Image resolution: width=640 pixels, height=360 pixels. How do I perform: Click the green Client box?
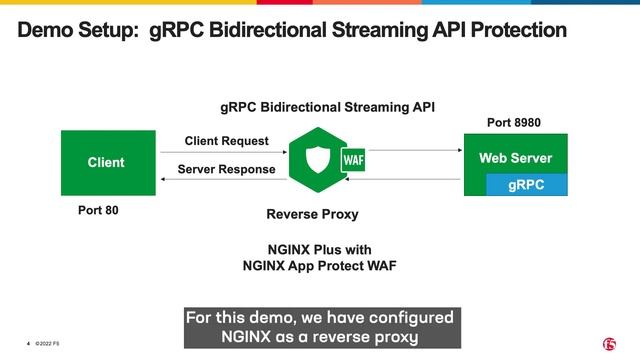tap(106, 162)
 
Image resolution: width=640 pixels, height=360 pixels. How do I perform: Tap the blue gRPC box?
tap(526, 185)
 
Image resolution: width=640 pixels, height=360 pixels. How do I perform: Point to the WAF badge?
tap(353, 161)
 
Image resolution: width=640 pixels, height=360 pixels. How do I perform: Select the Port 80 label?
tap(105, 211)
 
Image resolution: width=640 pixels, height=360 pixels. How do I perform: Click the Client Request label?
tap(226, 141)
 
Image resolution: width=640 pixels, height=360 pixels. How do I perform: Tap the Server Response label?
tap(226, 169)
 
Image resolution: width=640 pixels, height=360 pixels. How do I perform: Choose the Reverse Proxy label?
tap(312, 214)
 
